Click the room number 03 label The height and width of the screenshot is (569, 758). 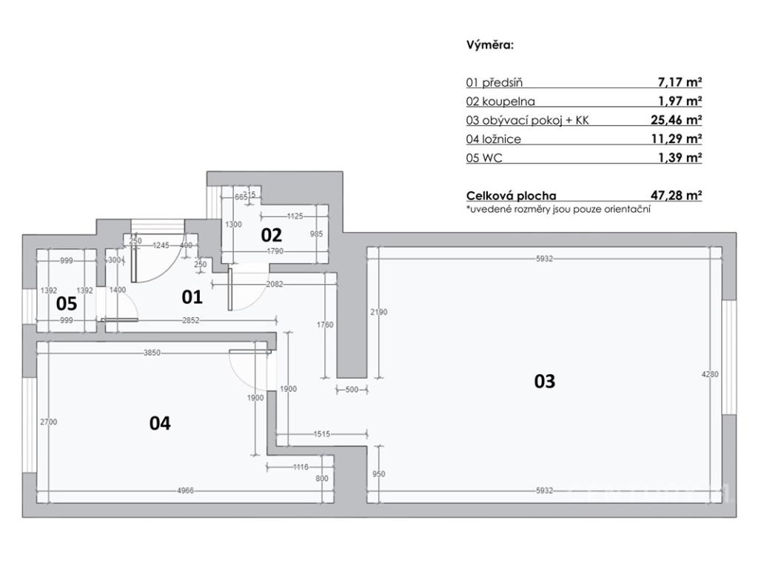(544, 382)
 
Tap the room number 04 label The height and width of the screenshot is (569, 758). (160, 423)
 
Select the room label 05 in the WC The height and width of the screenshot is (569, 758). (67, 303)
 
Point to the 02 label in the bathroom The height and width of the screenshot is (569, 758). (272, 235)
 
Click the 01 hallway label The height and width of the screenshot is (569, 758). (192, 297)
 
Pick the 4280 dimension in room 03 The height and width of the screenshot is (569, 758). (709, 375)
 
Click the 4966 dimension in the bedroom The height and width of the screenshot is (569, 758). (185, 490)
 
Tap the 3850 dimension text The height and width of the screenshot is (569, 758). (153, 353)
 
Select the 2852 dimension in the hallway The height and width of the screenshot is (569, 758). (191, 320)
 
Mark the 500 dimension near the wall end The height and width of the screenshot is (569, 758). (351, 390)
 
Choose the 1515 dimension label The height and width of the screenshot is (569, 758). (321, 434)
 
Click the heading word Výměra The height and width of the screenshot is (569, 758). (489, 44)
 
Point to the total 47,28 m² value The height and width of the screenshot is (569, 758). (676, 196)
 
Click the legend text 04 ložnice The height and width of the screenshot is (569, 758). (494, 139)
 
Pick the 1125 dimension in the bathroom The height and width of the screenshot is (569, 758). (295, 216)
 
